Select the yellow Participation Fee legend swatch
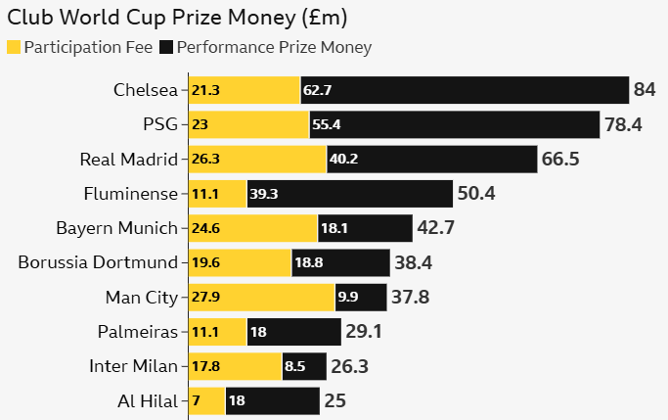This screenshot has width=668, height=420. point(14,47)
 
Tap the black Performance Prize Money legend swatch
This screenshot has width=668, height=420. point(166,47)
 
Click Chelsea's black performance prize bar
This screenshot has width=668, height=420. point(465,90)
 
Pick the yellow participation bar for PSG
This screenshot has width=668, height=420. point(248,124)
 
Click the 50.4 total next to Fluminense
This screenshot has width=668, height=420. point(476,194)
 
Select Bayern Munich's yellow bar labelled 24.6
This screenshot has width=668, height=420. point(252,228)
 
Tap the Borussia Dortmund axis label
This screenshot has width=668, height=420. point(98,262)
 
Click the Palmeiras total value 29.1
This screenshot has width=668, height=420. point(363,332)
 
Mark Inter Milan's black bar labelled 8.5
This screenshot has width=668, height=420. point(297,366)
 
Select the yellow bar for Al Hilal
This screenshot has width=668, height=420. point(206,400)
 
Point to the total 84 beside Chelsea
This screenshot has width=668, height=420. point(645,90)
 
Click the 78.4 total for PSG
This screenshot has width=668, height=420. point(623,124)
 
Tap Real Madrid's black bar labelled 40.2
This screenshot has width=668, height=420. point(431,160)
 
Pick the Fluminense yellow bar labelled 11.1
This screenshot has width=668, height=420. point(217,194)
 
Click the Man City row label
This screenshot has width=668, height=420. point(142,297)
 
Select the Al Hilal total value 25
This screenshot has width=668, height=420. point(334,400)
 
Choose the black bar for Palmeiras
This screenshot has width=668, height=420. point(293,332)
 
